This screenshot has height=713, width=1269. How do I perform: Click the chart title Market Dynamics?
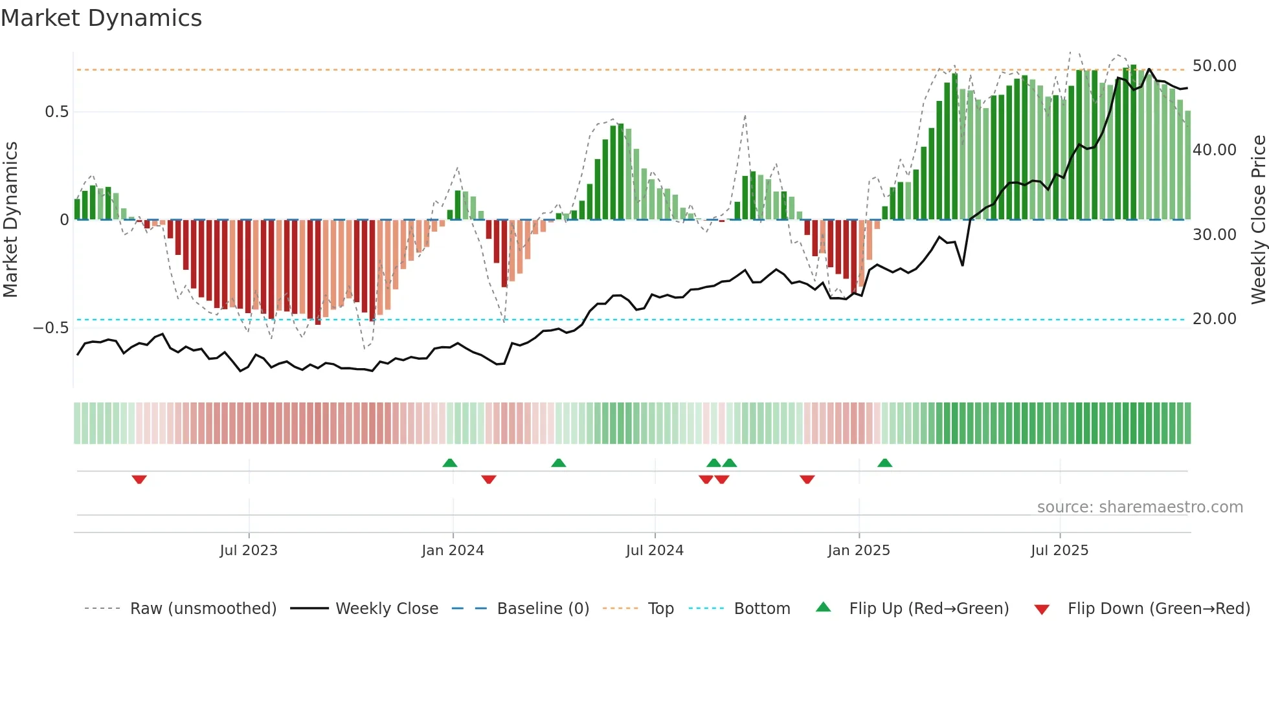(102, 18)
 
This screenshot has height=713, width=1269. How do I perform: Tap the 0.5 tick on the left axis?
(57, 112)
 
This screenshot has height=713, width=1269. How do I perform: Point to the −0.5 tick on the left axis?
(51, 328)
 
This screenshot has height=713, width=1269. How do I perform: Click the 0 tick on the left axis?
(64, 220)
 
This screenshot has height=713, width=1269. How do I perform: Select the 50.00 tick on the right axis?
(1214, 66)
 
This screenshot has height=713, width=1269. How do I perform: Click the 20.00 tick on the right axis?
(1214, 319)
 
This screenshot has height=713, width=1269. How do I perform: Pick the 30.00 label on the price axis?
(1214, 235)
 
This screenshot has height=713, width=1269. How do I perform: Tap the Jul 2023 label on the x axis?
(249, 551)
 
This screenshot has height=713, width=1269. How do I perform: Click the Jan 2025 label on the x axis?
(859, 551)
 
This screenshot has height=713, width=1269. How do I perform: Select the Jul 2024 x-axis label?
(655, 551)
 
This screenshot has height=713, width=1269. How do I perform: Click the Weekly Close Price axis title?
(1258, 220)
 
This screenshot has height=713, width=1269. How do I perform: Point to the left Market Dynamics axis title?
(10, 220)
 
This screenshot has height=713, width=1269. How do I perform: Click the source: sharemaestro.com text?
(1140, 507)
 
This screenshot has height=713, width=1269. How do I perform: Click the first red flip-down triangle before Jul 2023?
(139, 479)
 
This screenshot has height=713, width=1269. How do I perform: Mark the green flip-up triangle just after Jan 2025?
(884, 463)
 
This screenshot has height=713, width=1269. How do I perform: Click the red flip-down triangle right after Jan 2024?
(489, 479)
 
